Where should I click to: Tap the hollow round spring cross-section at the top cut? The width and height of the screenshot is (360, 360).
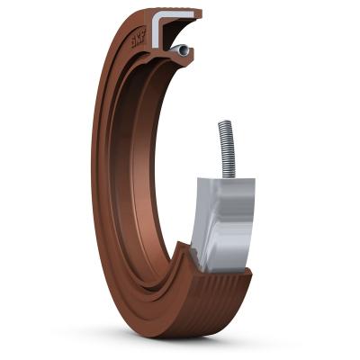point(183,51)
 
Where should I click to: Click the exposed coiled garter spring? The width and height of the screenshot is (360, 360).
point(226,149)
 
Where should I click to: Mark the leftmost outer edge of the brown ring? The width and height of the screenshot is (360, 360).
point(92,171)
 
